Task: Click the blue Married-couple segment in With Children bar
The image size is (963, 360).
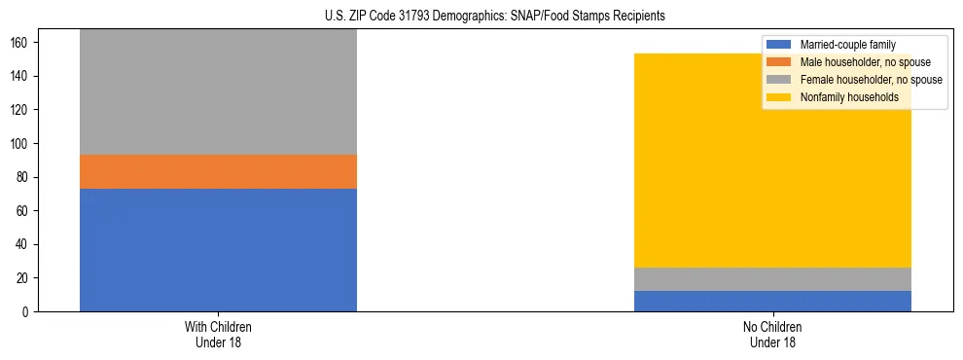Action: point(218,250)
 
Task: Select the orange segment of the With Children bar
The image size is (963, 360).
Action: point(218,171)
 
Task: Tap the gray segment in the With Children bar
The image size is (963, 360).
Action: point(218,92)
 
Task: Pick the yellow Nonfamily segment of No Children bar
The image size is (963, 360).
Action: point(772,161)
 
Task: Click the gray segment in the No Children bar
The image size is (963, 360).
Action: point(772,279)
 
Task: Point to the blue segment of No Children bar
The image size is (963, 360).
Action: point(772,301)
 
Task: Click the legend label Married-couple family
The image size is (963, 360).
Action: point(847,45)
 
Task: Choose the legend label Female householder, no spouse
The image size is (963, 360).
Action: point(871,80)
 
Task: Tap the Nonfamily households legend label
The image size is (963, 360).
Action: point(849,97)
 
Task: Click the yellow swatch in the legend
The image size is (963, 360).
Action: point(779,97)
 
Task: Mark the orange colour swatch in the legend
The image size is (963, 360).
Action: point(779,62)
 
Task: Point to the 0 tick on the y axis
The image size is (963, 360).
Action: point(28,312)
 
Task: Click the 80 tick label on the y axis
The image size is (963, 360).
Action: point(25,177)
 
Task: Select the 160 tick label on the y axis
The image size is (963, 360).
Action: point(22,43)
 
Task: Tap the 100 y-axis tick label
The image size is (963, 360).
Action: point(22,144)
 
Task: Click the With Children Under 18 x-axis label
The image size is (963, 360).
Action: point(218,334)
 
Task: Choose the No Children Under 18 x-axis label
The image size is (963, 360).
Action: point(772,334)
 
